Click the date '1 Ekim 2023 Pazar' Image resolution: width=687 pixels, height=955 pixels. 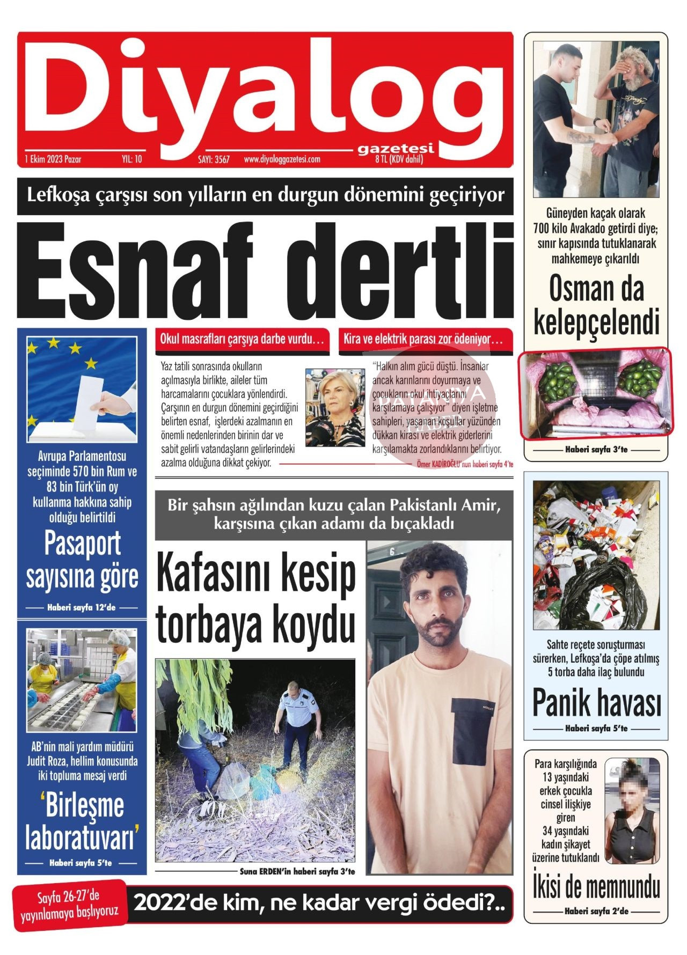point(53,159)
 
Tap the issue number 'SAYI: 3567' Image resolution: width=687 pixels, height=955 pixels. point(214,159)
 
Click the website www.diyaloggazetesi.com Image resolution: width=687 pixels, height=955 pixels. point(282,159)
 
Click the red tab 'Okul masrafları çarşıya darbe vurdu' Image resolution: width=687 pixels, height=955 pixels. point(242,340)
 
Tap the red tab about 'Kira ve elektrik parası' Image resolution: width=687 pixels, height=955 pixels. point(423,340)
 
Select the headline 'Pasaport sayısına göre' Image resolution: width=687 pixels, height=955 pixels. point(82,561)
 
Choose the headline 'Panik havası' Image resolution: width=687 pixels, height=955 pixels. point(596,703)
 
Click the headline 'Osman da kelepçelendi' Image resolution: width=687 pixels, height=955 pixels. point(596,305)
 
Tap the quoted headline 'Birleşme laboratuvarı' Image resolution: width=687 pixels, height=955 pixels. point(82,822)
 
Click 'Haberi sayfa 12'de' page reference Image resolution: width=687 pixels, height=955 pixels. point(82,608)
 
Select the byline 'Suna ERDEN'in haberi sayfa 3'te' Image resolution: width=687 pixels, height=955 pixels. point(297,872)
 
